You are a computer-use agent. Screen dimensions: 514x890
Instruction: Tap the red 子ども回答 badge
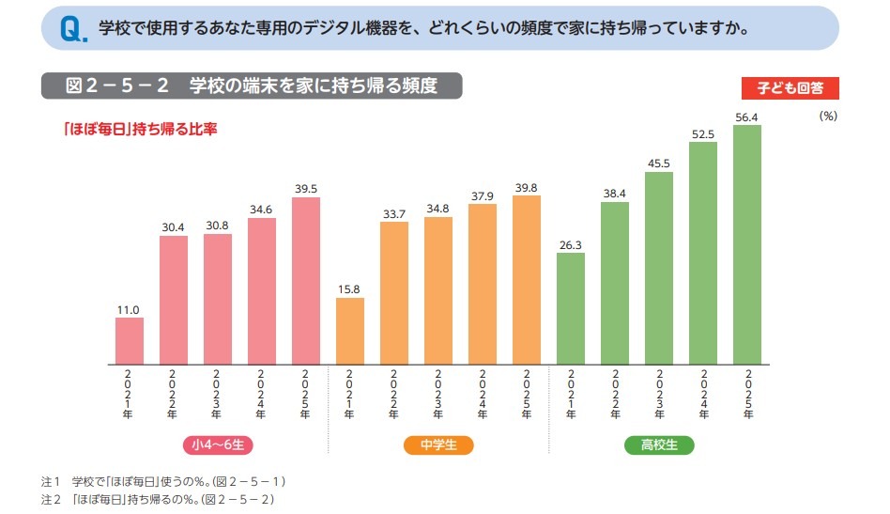(790, 88)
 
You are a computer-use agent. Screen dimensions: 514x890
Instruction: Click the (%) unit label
(827, 116)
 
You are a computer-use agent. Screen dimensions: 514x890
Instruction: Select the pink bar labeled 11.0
(130, 340)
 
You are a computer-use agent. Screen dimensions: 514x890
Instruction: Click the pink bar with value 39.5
(306, 280)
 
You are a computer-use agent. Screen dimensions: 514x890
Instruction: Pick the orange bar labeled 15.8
(350, 330)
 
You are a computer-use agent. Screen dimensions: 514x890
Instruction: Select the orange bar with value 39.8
(527, 279)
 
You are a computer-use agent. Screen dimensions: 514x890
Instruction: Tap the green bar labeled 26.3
(571, 307)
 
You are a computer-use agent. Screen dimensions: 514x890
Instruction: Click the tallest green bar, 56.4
(747, 243)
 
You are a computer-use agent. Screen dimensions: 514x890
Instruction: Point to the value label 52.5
(703, 133)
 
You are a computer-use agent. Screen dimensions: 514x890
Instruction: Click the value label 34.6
(262, 210)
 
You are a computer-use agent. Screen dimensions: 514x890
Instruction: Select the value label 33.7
(394, 213)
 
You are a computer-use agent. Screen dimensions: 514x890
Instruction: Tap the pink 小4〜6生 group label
(218, 445)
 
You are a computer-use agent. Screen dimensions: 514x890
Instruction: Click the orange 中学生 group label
(438, 445)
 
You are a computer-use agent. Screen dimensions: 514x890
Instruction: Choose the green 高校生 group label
(659, 445)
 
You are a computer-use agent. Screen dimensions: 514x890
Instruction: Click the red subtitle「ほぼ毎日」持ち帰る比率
(140, 129)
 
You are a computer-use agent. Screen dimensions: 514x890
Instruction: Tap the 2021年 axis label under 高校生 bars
(571, 394)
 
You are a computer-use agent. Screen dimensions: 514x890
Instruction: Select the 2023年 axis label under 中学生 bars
(438, 394)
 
